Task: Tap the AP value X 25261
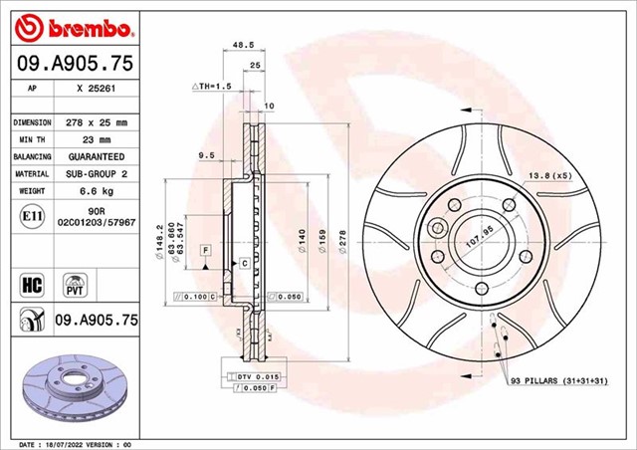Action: click(x=97, y=88)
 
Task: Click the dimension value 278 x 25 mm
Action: click(x=97, y=121)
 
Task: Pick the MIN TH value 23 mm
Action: click(x=97, y=139)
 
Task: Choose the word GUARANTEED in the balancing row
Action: click(x=97, y=157)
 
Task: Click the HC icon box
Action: click(x=30, y=284)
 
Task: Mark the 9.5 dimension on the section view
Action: click(x=207, y=155)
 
